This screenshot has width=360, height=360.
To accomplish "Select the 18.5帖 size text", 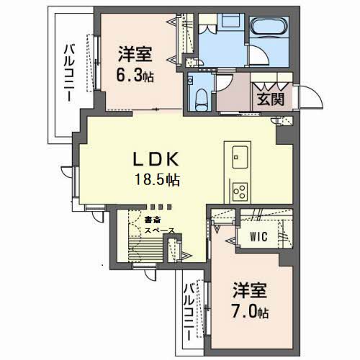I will pos(154,180).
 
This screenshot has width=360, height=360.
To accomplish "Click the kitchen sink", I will pos(240,153).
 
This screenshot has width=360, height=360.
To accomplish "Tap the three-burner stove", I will pos(239,191).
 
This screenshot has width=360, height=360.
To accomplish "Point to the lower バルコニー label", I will pos(189,313).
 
